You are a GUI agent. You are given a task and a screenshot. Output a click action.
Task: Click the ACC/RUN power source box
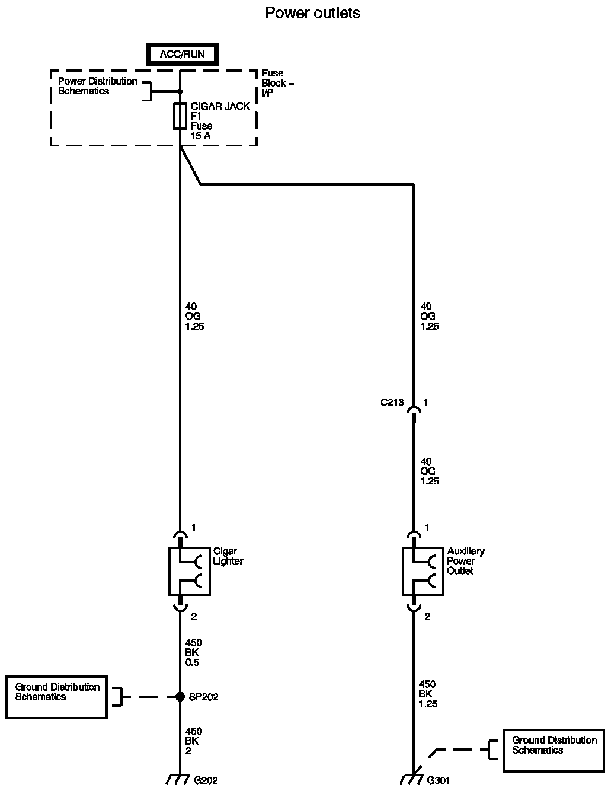click(x=183, y=54)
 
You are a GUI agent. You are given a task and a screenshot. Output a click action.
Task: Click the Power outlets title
click(x=312, y=12)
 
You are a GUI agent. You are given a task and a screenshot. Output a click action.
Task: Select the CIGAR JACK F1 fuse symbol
click(x=180, y=116)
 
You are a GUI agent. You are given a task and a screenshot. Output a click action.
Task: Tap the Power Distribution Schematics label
click(x=97, y=86)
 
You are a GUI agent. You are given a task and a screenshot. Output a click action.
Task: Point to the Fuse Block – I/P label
click(x=274, y=83)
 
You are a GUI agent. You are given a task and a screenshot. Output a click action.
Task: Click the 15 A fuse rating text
click(x=200, y=136)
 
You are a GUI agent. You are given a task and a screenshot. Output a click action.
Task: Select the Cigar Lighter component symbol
click(x=190, y=570)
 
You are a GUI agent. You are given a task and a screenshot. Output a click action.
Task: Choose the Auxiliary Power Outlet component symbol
click(x=423, y=570)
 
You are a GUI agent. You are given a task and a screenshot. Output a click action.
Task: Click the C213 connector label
click(x=392, y=403)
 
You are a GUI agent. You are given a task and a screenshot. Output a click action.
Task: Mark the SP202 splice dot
click(x=180, y=697)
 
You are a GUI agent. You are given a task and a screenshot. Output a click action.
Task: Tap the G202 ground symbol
click(x=178, y=779)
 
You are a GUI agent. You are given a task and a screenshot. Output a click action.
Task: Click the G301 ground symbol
click(x=411, y=779)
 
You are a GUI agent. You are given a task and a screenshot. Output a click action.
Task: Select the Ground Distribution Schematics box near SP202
click(x=57, y=697)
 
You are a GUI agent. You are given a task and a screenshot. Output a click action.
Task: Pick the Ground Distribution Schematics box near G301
click(x=554, y=750)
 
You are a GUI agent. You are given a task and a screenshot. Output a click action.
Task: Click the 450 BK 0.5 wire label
click(x=193, y=652)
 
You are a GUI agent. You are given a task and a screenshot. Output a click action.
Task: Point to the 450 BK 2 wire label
click(x=193, y=741)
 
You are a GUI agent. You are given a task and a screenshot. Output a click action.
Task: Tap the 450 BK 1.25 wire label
click(x=428, y=694)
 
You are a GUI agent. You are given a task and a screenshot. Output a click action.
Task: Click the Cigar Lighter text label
click(x=228, y=556)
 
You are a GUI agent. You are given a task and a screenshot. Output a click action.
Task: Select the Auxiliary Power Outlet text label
click(x=466, y=561)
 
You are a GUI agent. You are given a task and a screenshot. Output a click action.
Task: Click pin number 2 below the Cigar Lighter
click(x=194, y=617)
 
